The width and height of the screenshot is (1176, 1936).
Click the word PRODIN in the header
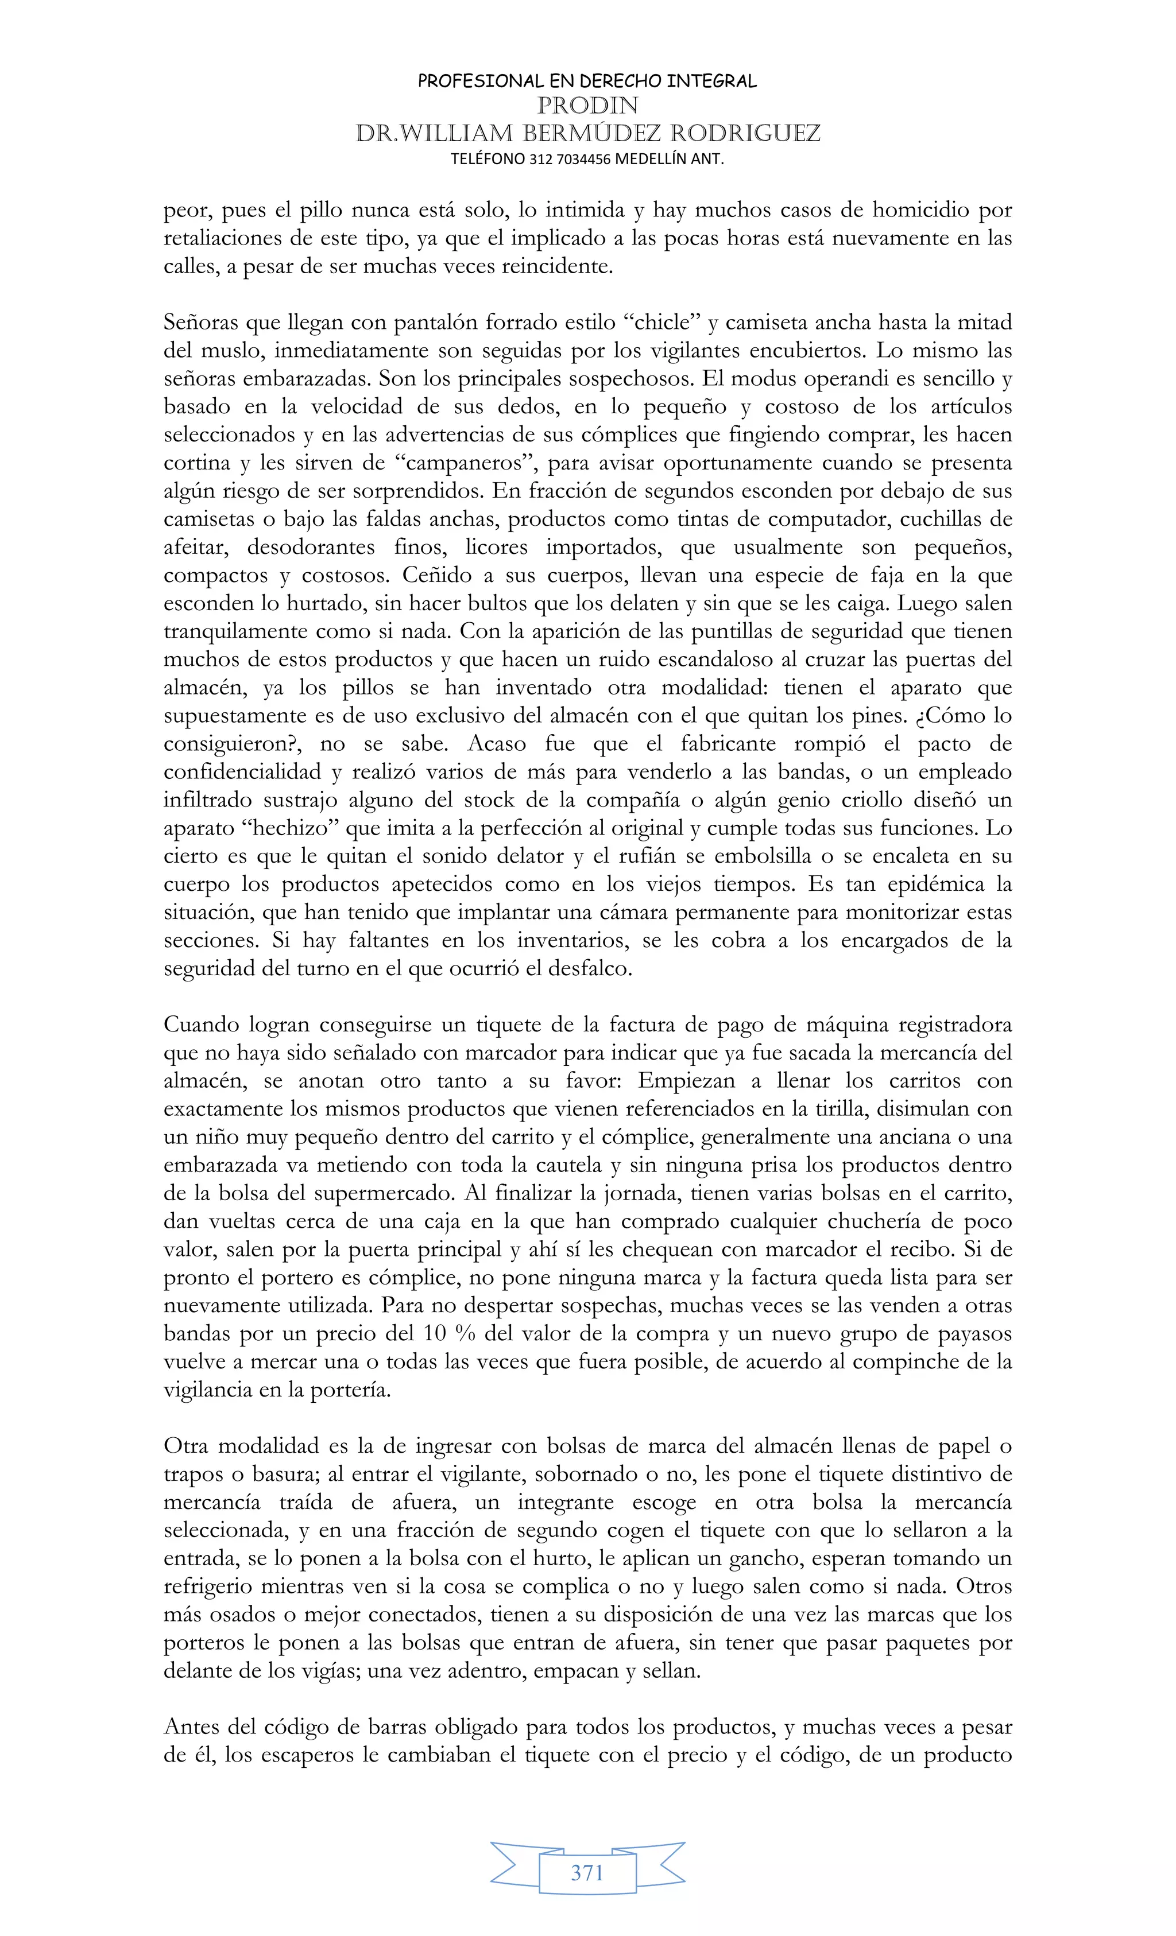point(587,105)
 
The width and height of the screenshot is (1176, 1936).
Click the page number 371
point(587,1873)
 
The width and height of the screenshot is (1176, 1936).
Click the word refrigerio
point(206,1586)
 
